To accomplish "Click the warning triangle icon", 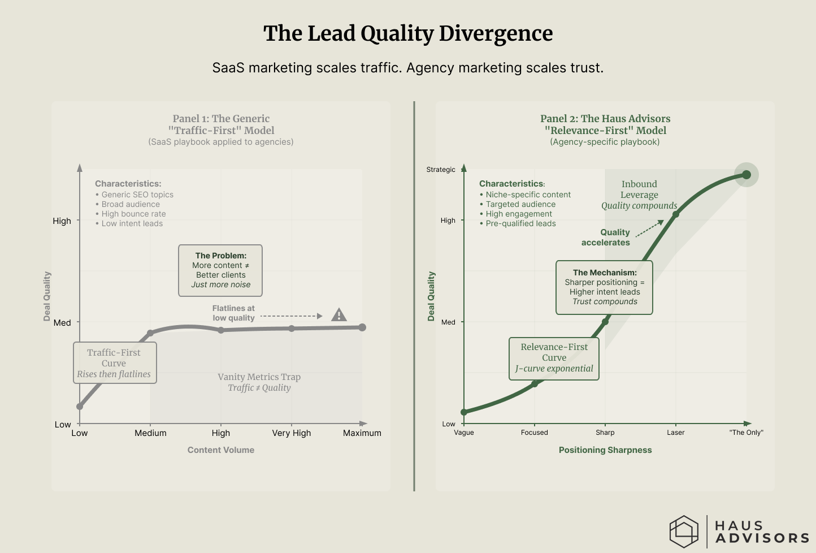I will click(338, 315).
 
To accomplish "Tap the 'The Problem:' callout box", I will click(220, 270).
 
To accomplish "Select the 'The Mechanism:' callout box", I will click(604, 287).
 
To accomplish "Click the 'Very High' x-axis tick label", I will click(291, 433).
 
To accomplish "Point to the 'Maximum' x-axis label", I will click(362, 433).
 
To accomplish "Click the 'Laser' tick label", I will click(675, 433).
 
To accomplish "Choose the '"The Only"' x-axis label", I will click(746, 433).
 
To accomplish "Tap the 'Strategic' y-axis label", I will click(441, 170).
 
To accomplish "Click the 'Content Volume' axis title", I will click(221, 450).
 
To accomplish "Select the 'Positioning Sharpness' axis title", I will click(605, 450).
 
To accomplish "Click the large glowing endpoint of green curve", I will click(746, 175).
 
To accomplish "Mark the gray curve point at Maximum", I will click(362, 327).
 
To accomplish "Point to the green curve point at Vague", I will click(464, 412).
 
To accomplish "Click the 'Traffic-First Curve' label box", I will click(115, 363).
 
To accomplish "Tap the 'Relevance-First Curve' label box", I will click(554, 358).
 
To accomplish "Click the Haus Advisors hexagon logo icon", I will click(684, 531).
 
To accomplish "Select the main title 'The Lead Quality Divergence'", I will click(408, 33).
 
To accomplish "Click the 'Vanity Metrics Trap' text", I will click(259, 377).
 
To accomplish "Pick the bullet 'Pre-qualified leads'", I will click(520, 224).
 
